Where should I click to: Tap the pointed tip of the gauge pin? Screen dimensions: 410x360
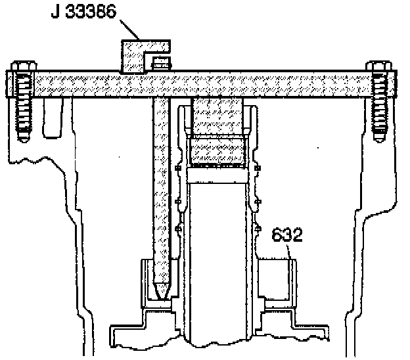click(x=160, y=290)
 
